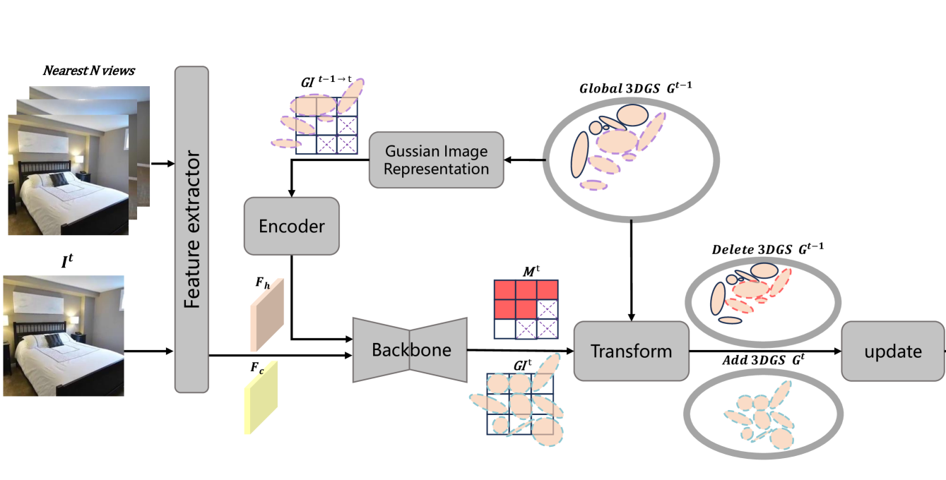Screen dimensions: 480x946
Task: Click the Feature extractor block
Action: click(x=191, y=229)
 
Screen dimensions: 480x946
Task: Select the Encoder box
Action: click(x=291, y=226)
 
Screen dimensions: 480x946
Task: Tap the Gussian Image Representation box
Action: click(x=437, y=160)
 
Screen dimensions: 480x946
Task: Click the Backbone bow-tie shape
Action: click(x=410, y=349)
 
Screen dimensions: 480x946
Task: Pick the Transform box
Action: click(x=631, y=351)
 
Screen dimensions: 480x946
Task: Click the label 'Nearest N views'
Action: click(x=88, y=71)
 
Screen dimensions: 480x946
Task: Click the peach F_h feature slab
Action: click(x=267, y=313)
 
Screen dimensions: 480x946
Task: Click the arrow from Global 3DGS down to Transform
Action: click(x=631, y=268)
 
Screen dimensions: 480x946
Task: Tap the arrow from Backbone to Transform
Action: click(x=519, y=350)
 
